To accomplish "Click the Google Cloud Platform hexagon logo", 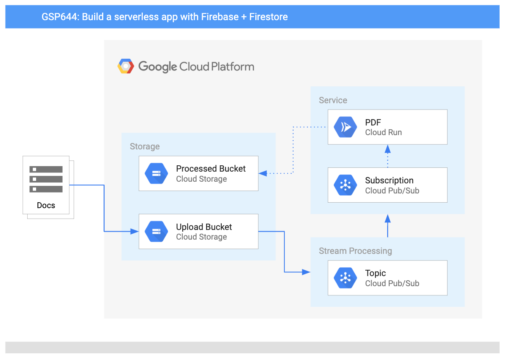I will [x=126, y=66].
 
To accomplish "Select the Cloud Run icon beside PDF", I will [x=345, y=127].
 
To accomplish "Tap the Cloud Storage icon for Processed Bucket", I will [x=156, y=173].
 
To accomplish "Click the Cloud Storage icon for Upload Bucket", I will [x=156, y=232].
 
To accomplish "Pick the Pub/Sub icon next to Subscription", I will [x=345, y=185].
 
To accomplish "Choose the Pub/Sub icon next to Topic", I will [x=345, y=278].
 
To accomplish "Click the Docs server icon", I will [x=46, y=179].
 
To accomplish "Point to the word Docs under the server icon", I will [x=46, y=206].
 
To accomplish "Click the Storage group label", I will [x=144, y=146].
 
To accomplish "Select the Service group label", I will [x=333, y=100].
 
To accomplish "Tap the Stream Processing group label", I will [x=355, y=251].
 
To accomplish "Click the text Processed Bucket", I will [x=211, y=169].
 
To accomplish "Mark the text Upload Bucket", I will [x=204, y=227].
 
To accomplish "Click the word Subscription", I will [x=389, y=180].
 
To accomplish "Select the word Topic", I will [x=375, y=273].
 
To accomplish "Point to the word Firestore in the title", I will [x=268, y=17].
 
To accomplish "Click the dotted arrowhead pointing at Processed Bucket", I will [x=263, y=173].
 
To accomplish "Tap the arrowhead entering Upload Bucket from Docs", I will [x=135, y=231].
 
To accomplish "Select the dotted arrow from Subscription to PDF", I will [x=388, y=156].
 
